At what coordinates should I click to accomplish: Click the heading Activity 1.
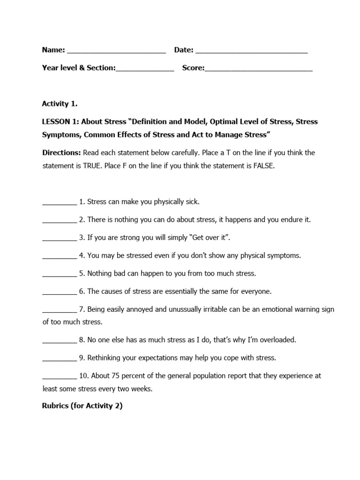click(x=60, y=104)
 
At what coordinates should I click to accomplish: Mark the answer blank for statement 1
click(x=59, y=203)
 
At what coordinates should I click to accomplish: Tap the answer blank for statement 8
click(x=59, y=341)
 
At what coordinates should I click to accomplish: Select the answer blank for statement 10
click(x=59, y=377)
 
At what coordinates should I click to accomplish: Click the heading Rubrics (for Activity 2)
click(x=82, y=406)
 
